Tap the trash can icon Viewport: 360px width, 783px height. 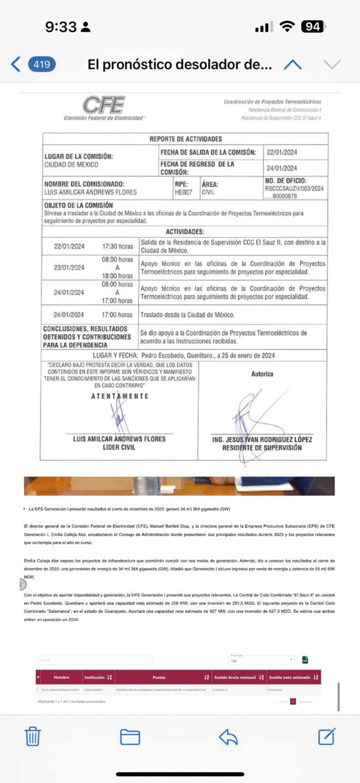[32, 737]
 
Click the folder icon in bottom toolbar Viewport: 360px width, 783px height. [130, 737]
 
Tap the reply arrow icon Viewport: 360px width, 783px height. [228, 737]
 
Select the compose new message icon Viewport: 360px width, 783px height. [327, 737]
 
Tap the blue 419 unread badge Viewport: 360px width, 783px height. [42, 64]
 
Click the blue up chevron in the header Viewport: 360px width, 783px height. [292, 64]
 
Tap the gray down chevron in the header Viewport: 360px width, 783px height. [332, 64]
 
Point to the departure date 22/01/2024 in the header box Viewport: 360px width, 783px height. [282, 152]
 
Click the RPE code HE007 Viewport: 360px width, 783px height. [183, 192]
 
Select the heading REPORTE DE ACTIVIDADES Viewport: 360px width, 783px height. [185, 139]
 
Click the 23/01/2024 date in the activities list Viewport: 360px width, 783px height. [69, 267]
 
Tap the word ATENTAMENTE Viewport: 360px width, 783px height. [120, 396]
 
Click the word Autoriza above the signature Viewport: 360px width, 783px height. [262, 374]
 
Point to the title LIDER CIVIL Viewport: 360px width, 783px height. [119, 447]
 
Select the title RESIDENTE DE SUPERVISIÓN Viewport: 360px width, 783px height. [262, 448]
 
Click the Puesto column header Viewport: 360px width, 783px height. [159, 677]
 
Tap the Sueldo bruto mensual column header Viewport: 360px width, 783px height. [235, 677]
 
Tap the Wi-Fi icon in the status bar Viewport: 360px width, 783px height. [287, 27]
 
